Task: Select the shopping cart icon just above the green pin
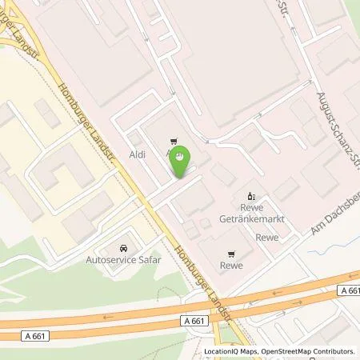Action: (171, 138)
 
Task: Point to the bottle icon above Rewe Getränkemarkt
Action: (251, 195)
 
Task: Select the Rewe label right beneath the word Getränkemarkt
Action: (267, 237)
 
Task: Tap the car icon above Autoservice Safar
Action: (122, 248)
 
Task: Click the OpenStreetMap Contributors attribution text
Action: (308, 351)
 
